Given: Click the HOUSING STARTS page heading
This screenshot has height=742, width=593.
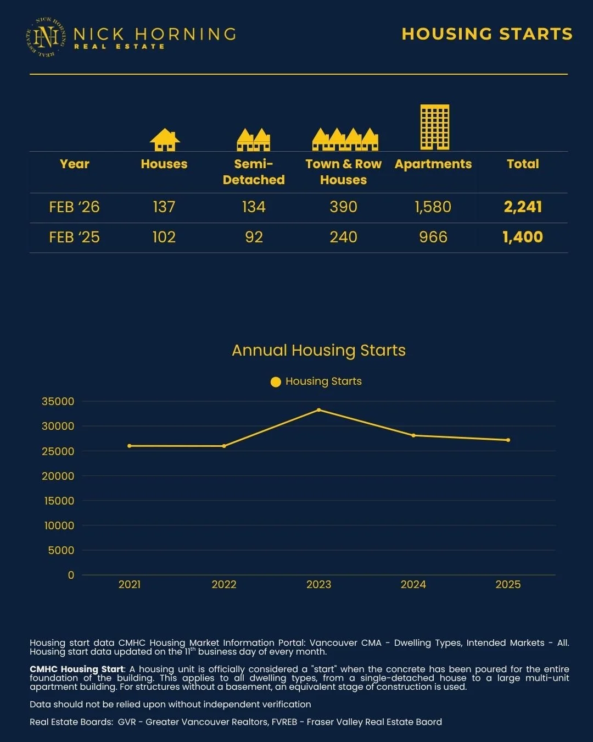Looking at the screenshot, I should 486,34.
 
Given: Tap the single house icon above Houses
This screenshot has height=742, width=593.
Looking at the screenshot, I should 165,140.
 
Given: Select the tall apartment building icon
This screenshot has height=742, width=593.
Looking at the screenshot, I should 434,127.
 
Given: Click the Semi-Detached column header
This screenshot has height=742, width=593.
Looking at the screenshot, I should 254,171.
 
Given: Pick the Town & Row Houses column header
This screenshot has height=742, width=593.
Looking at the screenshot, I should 343,171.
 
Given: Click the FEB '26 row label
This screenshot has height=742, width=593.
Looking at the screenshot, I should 74,207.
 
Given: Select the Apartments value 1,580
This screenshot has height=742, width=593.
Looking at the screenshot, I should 433,207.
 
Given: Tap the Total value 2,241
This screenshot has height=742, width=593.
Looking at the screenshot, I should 523,207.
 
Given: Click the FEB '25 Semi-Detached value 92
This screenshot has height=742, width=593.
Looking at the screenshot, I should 254,237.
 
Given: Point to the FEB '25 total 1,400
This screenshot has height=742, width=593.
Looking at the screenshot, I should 523,237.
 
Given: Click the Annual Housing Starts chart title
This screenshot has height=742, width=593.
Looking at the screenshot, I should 318,350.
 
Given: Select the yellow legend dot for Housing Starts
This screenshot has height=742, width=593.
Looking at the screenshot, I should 276,382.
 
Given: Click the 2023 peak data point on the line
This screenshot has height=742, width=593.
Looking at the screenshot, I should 318,410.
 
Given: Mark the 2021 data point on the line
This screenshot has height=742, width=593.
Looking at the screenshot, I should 130,446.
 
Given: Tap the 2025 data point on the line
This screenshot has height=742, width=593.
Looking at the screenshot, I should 508,440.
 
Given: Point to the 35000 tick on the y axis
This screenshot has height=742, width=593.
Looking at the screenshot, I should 58,402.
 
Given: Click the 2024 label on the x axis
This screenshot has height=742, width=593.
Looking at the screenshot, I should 413,584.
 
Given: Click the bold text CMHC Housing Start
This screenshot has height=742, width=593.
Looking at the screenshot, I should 77,669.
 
